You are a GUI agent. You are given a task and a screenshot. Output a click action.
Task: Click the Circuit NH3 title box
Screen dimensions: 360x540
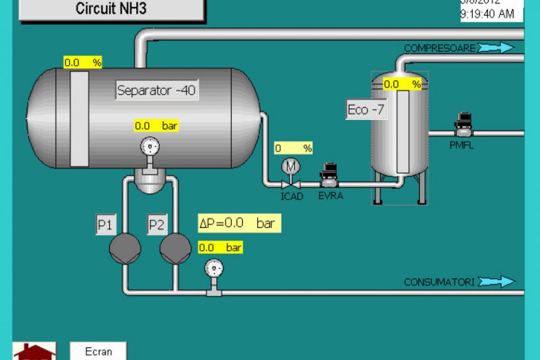pos(111,9)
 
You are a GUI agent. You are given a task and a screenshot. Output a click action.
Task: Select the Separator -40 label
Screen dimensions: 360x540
pos(157,91)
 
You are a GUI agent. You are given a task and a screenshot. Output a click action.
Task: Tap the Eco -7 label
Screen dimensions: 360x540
pos(366,110)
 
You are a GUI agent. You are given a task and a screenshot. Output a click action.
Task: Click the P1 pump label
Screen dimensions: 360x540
pos(106,225)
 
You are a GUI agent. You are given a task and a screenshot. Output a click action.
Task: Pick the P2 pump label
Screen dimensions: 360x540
pos(157,225)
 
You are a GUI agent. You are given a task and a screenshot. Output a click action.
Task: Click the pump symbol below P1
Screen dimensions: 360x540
pos(125,247)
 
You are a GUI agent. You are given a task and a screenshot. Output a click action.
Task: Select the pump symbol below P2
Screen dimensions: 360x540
pos(176,247)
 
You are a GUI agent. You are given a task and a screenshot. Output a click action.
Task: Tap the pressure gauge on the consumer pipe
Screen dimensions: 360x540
pos(213,268)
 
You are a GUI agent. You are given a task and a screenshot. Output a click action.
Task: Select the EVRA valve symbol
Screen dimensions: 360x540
pos(329,174)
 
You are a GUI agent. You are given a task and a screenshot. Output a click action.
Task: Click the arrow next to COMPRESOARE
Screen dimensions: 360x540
pos(496,47)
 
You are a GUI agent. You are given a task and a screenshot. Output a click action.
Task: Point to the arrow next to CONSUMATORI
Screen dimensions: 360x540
pos(496,281)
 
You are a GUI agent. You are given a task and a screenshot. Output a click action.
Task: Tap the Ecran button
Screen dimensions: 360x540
pos(98,351)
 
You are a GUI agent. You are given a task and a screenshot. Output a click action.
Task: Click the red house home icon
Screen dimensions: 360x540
pos(34,352)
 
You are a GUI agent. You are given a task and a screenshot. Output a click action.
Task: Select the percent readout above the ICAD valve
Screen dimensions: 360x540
pos(293,148)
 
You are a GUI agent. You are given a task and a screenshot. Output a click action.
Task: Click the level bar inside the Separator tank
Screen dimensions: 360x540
pos(79,118)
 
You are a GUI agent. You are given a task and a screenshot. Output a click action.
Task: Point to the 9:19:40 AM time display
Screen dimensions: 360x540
pos(487,14)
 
